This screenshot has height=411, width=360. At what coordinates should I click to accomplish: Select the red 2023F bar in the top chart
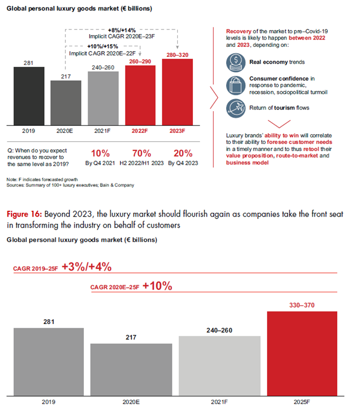(178, 92)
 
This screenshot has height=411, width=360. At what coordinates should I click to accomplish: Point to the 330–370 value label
(303, 305)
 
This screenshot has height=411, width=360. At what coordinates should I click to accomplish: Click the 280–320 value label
(178, 54)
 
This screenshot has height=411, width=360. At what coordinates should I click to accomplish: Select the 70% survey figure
(141, 154)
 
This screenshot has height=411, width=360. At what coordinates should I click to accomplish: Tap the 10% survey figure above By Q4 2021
(101, 154)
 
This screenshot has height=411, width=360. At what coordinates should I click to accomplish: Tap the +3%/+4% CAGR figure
(86, 267)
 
